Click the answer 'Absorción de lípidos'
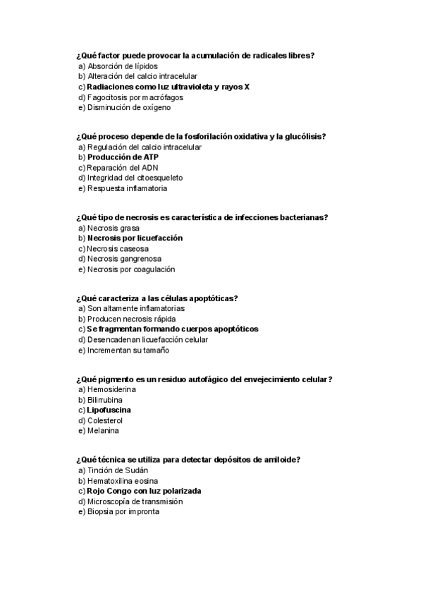click(118, 66)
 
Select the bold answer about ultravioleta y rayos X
click(168, 87)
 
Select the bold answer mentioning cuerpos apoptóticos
click(172, 329)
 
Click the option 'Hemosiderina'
click(111, 389)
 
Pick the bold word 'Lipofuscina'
click(109, 410)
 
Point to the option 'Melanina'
click(103, 431)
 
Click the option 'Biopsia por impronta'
click(123, 512)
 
